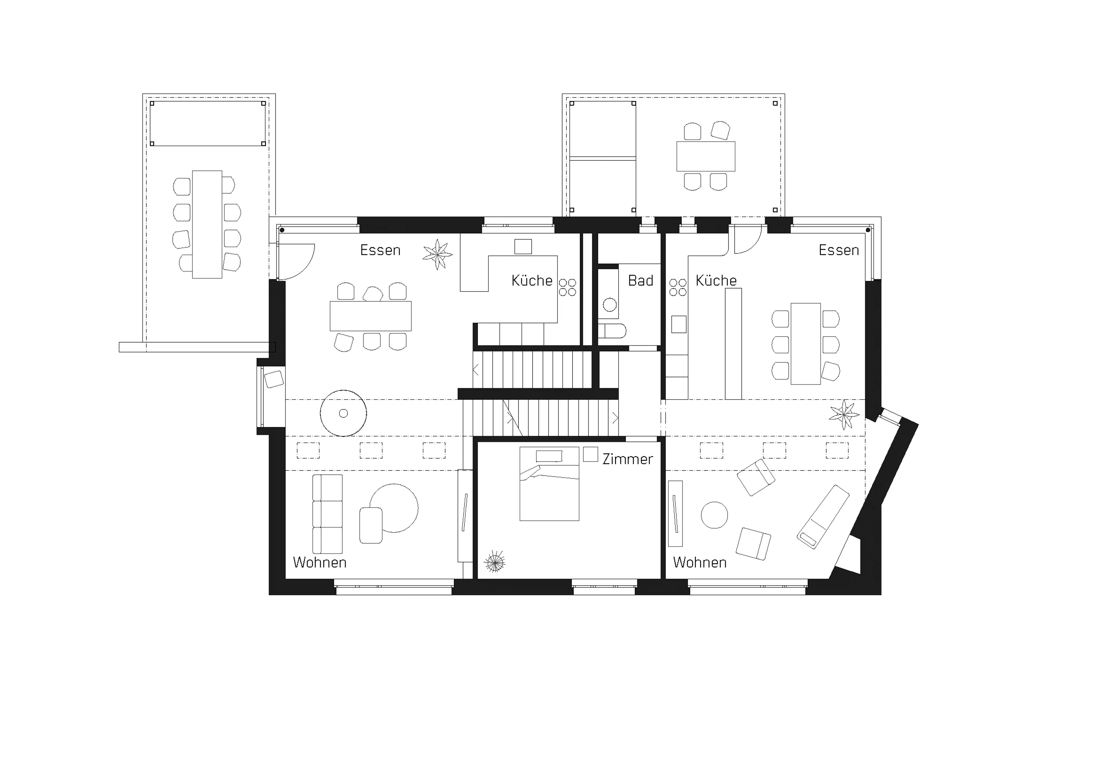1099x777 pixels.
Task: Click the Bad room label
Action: [640, 280]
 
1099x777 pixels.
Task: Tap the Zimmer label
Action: [628, 459]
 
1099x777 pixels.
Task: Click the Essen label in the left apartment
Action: [380, 250]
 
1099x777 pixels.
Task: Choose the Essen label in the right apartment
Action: [839, 250]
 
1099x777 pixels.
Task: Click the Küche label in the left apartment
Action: [532, 280]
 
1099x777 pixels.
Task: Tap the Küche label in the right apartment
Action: [716, 280]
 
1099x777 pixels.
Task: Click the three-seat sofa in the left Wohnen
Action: [327, 514]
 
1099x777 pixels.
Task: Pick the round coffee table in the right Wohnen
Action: [714, 515]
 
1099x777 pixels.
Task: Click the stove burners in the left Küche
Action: [568, 287]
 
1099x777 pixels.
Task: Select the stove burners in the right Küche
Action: [678, 287]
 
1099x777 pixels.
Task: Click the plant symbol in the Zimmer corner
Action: [495, 562]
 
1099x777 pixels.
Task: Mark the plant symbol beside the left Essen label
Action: [437, 254]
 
